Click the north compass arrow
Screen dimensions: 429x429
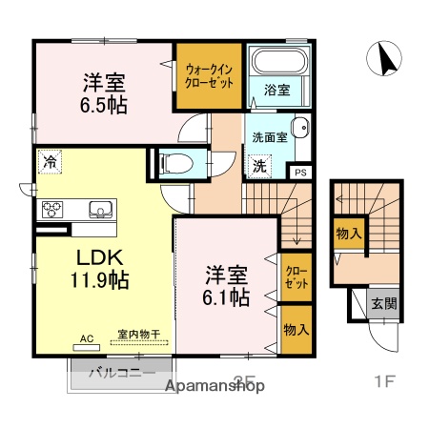pyautogui.click(x=389, y=59)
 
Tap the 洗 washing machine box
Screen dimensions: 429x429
pyautogui.click(x=258, y=165)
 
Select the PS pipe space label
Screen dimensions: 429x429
pyautogui.click(x=299, y=173)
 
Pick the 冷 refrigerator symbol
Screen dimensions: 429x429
pyautogui.click(x=50, y=162)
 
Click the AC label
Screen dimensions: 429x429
pyautogui.click(x=87, y=337)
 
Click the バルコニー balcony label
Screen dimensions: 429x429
pyautogui.click(x=122, y=373)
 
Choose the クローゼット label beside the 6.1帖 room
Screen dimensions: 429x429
pyautogui.click(x=296, y=276)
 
